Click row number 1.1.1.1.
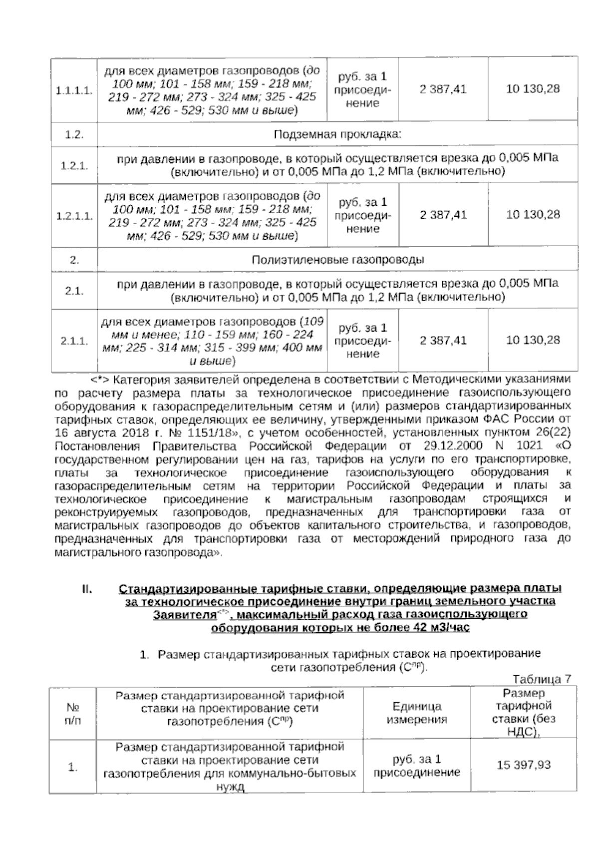tap(74, 90)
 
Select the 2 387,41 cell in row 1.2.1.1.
tap(443, 215)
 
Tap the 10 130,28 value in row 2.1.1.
tap(533, 341)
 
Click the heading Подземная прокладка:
tap(337, 135)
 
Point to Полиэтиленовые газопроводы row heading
tap(337, 260)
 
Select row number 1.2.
tap(74, 135)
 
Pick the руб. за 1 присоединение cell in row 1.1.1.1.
tap(362, 90)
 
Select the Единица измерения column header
tap(417, 713)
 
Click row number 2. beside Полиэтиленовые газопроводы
tap(74, 260)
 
